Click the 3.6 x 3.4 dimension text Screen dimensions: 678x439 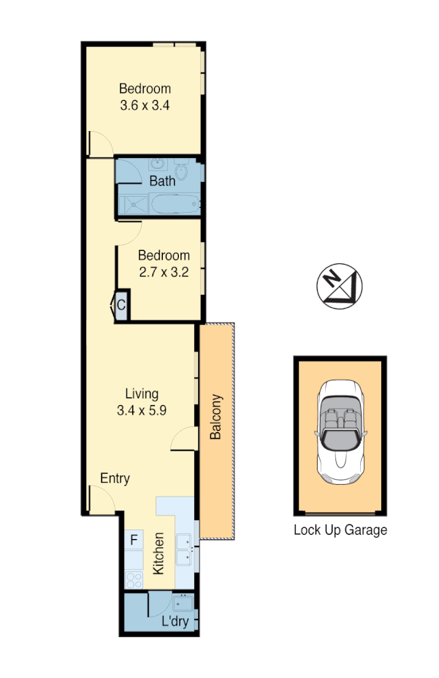click(x=145, y=105)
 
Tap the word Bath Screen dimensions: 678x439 click(x=162, y=181)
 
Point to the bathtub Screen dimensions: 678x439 click(x=175, y=204)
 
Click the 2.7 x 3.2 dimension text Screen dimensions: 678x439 click(x=164, y=272)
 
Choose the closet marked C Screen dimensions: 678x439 click(x=121, y=306)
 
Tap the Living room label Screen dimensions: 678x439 click(x=141, y=393)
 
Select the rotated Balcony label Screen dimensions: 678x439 click(x=215, y=417)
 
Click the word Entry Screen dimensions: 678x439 click(x=115, y=478)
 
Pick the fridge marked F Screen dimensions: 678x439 click(x=134, y=540)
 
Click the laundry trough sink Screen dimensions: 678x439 click(x=183, y=604)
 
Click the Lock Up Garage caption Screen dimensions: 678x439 click(x=340, y=530)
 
